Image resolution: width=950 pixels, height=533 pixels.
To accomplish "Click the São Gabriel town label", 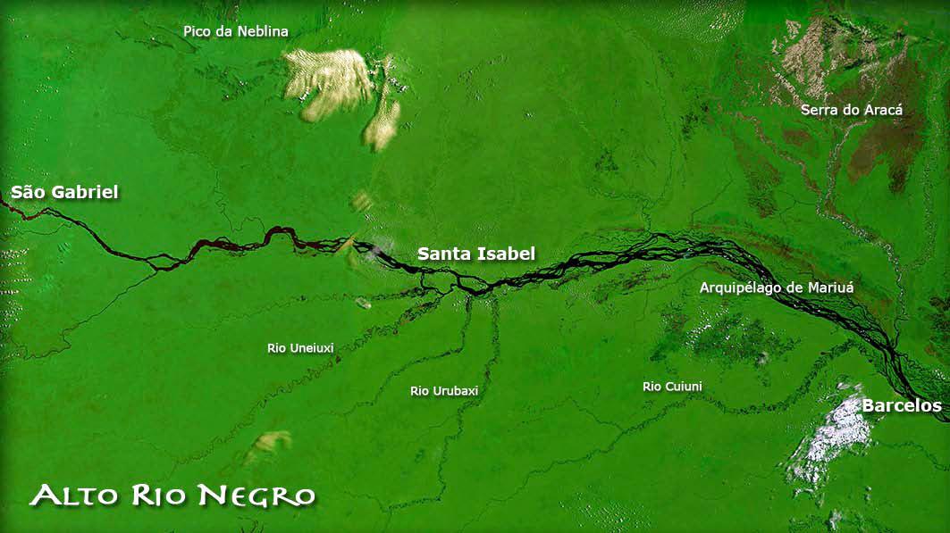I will pyautogui.click(x=64, y=192).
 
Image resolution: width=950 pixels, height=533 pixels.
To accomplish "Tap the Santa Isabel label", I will pyautogui.click(x=476, y=254).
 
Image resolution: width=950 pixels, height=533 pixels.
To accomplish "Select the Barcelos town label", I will pyautogui.click(x=901, y=406).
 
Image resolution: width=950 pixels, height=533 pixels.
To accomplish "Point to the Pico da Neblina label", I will pyautogui.click(x=236, y=31).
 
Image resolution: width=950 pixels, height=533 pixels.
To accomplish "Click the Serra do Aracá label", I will pyautogui.click(x=852, y=110).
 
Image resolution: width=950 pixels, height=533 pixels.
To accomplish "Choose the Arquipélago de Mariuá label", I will pyautogui.click(x=777, y=287).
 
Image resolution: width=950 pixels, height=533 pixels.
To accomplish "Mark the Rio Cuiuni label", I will pyautogui.click(x=672, y=387).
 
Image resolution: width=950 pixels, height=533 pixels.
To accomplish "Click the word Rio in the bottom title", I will pyautogui.click(x=162, y=495).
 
